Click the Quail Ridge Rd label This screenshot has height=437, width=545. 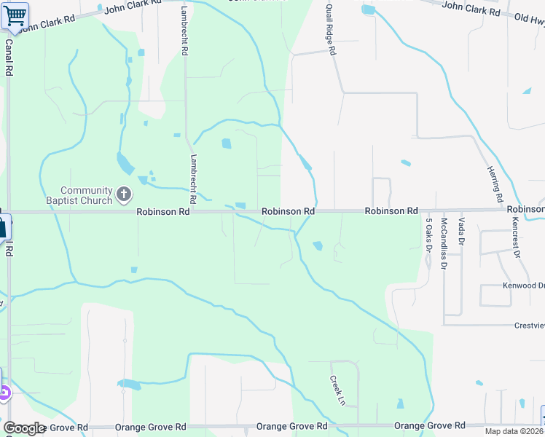click(x=330, y=30)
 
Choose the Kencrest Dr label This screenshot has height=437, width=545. click(x=516, y=237)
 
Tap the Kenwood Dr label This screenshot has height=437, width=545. click(x=523, y=286)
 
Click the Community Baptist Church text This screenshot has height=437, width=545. click(x=86, y=195)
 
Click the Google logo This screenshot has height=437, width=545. click(x=24, y=428)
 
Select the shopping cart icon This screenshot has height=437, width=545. click(x=15, y=15)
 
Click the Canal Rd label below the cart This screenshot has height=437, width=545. click(x=9, y=58)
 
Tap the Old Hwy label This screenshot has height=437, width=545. click(x=529, y=18)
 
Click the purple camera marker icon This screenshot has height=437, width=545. click(x=4, y=393)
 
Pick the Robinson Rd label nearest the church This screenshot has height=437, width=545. click(x=163, y=211)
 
